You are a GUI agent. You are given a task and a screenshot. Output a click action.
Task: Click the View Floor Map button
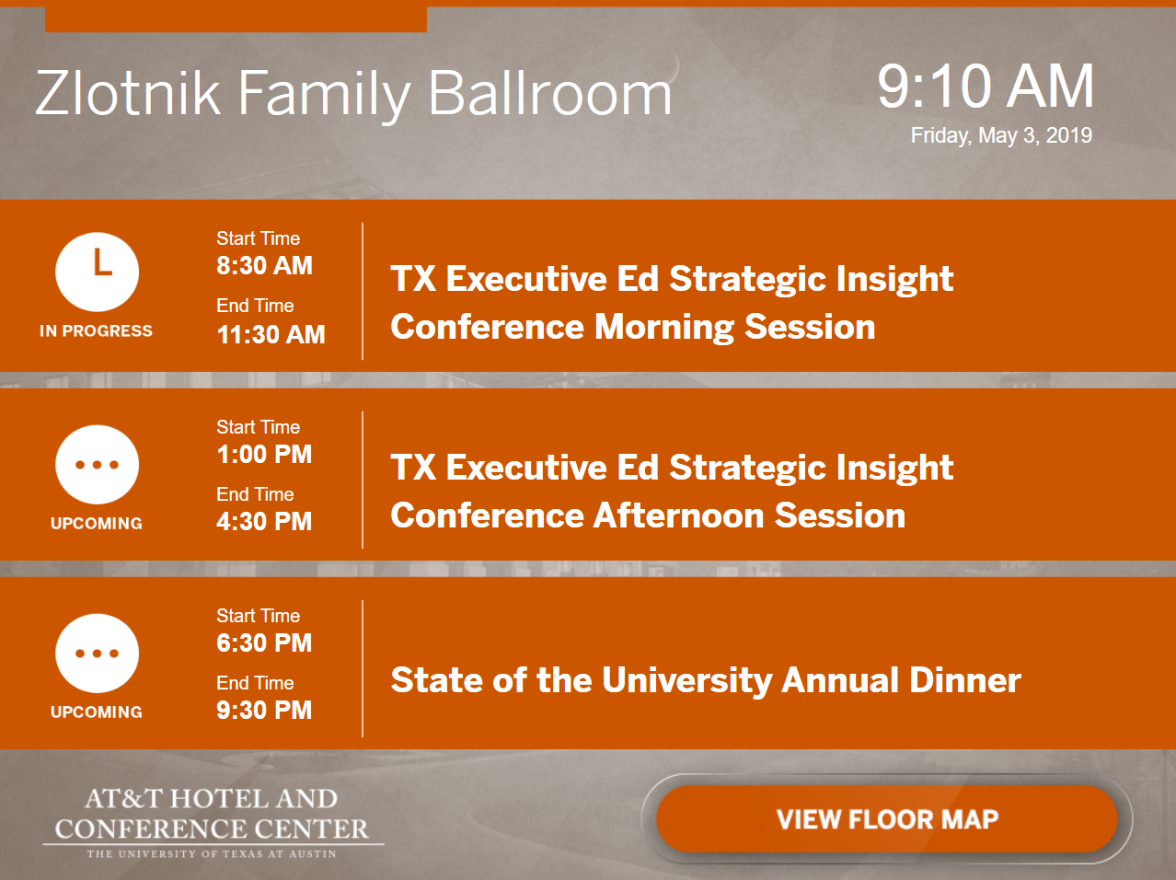coord(887,819)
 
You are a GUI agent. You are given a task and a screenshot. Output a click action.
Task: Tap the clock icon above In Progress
coord(97,272)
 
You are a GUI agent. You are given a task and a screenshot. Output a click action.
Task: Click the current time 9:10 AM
coord(986,87)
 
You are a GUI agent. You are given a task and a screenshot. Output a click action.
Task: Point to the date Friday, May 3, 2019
coord(1001,135)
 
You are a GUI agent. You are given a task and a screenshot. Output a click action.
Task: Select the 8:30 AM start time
coord(264,265)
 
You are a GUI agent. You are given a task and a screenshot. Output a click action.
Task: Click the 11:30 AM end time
coord(271,334)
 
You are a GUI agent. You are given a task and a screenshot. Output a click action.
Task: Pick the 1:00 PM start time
coord(264,455)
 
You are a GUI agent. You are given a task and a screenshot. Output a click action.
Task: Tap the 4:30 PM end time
coord(264,521)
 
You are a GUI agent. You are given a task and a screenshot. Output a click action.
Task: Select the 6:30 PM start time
coord(264,643)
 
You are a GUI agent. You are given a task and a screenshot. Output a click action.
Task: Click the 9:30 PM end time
coord(264,710)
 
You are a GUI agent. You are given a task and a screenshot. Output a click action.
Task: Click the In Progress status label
coord(96,330)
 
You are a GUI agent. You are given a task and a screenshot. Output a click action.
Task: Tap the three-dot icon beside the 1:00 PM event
coord(97,465)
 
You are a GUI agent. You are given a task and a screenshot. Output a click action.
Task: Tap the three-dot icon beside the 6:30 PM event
coord(97,654)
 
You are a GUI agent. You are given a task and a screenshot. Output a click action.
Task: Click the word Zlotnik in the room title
coord(128,92)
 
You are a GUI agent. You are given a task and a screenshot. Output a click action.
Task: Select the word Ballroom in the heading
coord(550,92)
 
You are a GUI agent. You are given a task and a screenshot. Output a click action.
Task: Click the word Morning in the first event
coord(663,327)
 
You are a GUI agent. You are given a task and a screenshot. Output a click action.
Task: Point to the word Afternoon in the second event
coord(678,515)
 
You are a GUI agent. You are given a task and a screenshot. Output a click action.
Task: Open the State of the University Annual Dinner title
coord(706,680)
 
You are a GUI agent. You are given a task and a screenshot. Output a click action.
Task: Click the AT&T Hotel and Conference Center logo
coord(213,822)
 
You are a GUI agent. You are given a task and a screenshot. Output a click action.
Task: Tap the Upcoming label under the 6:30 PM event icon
coord(97,712)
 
